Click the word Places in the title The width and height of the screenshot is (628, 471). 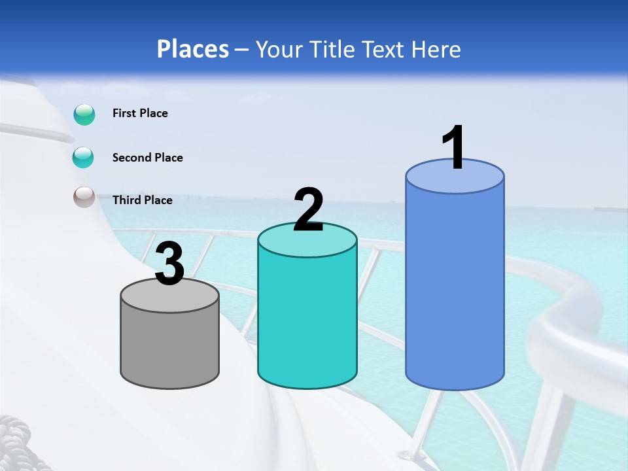coord(193,49)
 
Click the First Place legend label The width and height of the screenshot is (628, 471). coord(140,113)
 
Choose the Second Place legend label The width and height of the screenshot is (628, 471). coord(147,158)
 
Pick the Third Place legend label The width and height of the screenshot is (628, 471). coord(142,200)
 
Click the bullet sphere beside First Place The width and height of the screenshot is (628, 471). coord(84,114)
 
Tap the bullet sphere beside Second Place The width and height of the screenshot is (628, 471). coord(83,158)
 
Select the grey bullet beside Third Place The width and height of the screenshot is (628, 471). coord(84,197)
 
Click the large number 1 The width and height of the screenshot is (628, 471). coord(453,148)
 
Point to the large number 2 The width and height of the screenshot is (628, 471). coord(308,211)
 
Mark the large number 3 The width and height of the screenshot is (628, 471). coord(170,264)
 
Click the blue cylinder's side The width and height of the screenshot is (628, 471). coord(455,288)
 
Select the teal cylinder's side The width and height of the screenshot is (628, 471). coord(307,321)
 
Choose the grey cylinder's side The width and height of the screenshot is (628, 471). coord(169,347)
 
